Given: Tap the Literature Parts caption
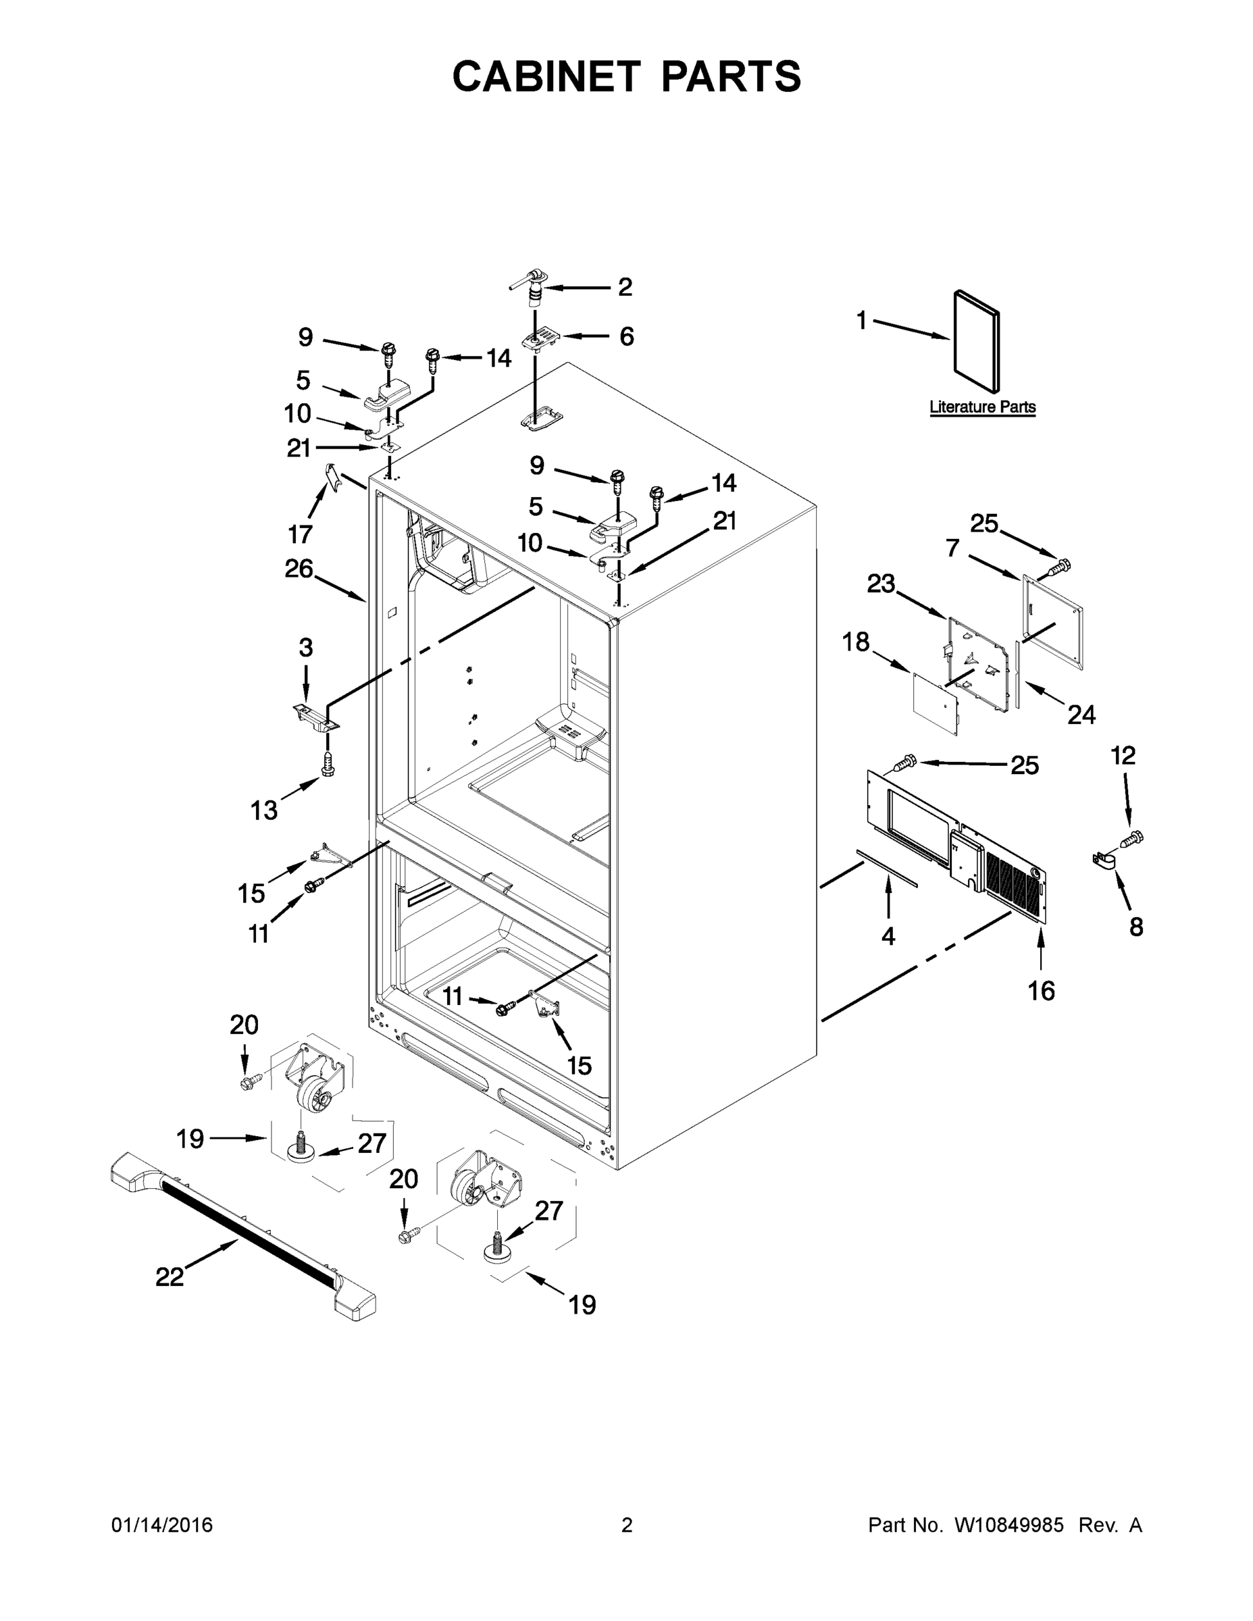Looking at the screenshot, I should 982,407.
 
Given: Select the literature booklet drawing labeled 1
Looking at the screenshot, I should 976,340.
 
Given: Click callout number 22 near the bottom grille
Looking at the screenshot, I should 170,1277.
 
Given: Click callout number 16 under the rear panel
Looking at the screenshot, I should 1041,990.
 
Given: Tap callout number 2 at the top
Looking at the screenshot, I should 625,286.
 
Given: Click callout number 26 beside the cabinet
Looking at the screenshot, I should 299,569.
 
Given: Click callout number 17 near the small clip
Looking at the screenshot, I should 300,534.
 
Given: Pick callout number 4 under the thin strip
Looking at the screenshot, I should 888,937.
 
